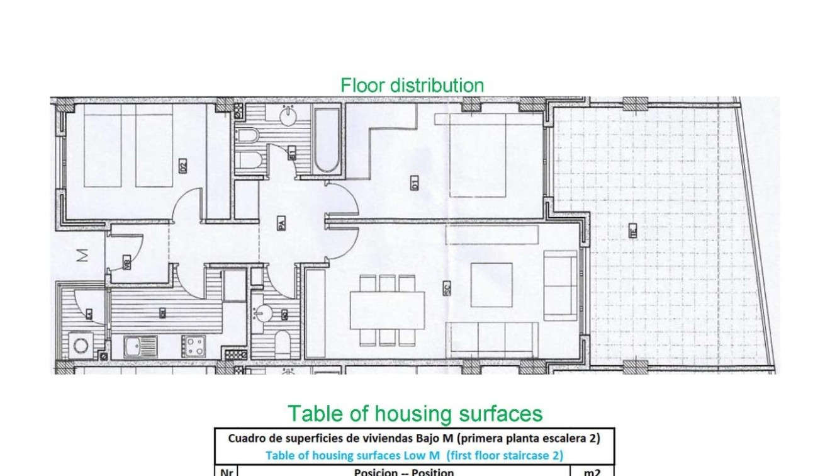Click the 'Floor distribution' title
[x=412, y=85]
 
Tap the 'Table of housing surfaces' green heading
[x=415, y=414]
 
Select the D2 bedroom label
[x=183, y=167]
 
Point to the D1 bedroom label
[x=415, y=184]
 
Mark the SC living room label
[x=446, y=288]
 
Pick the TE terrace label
[x=632, y=231]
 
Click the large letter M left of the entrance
[x=81, y=256]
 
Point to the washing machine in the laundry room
[x=81, y=345]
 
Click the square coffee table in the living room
[x=491, y=284]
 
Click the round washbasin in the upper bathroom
[x=288, y=115]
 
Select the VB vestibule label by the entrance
[x=127, y=264]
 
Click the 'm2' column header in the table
[x=592, y=472]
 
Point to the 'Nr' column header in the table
[x=226, y=472]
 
